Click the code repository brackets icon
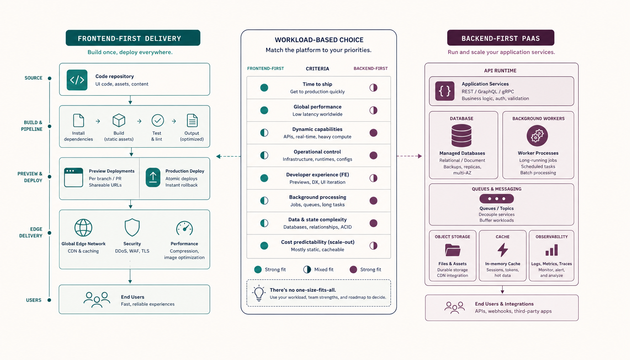[77, 80]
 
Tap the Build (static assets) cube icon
[119, 121]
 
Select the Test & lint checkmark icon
[157, 121]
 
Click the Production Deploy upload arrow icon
[153, 178]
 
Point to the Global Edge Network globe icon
[83, 228]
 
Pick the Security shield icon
[132, 227]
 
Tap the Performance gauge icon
[185, 228]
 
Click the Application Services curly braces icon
[445, 91]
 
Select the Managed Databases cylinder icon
[462, 136]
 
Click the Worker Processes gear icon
[537, 136]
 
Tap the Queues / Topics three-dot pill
[496, 199]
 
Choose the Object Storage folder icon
[452, 250]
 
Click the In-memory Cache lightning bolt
[502, 250]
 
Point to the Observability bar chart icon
[552, 250]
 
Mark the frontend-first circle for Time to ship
[264, 88]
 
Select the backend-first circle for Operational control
[373, 155]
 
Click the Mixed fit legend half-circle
[307, 269]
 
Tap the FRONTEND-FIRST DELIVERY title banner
[133, 38]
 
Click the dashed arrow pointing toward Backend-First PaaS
[409, 156]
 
